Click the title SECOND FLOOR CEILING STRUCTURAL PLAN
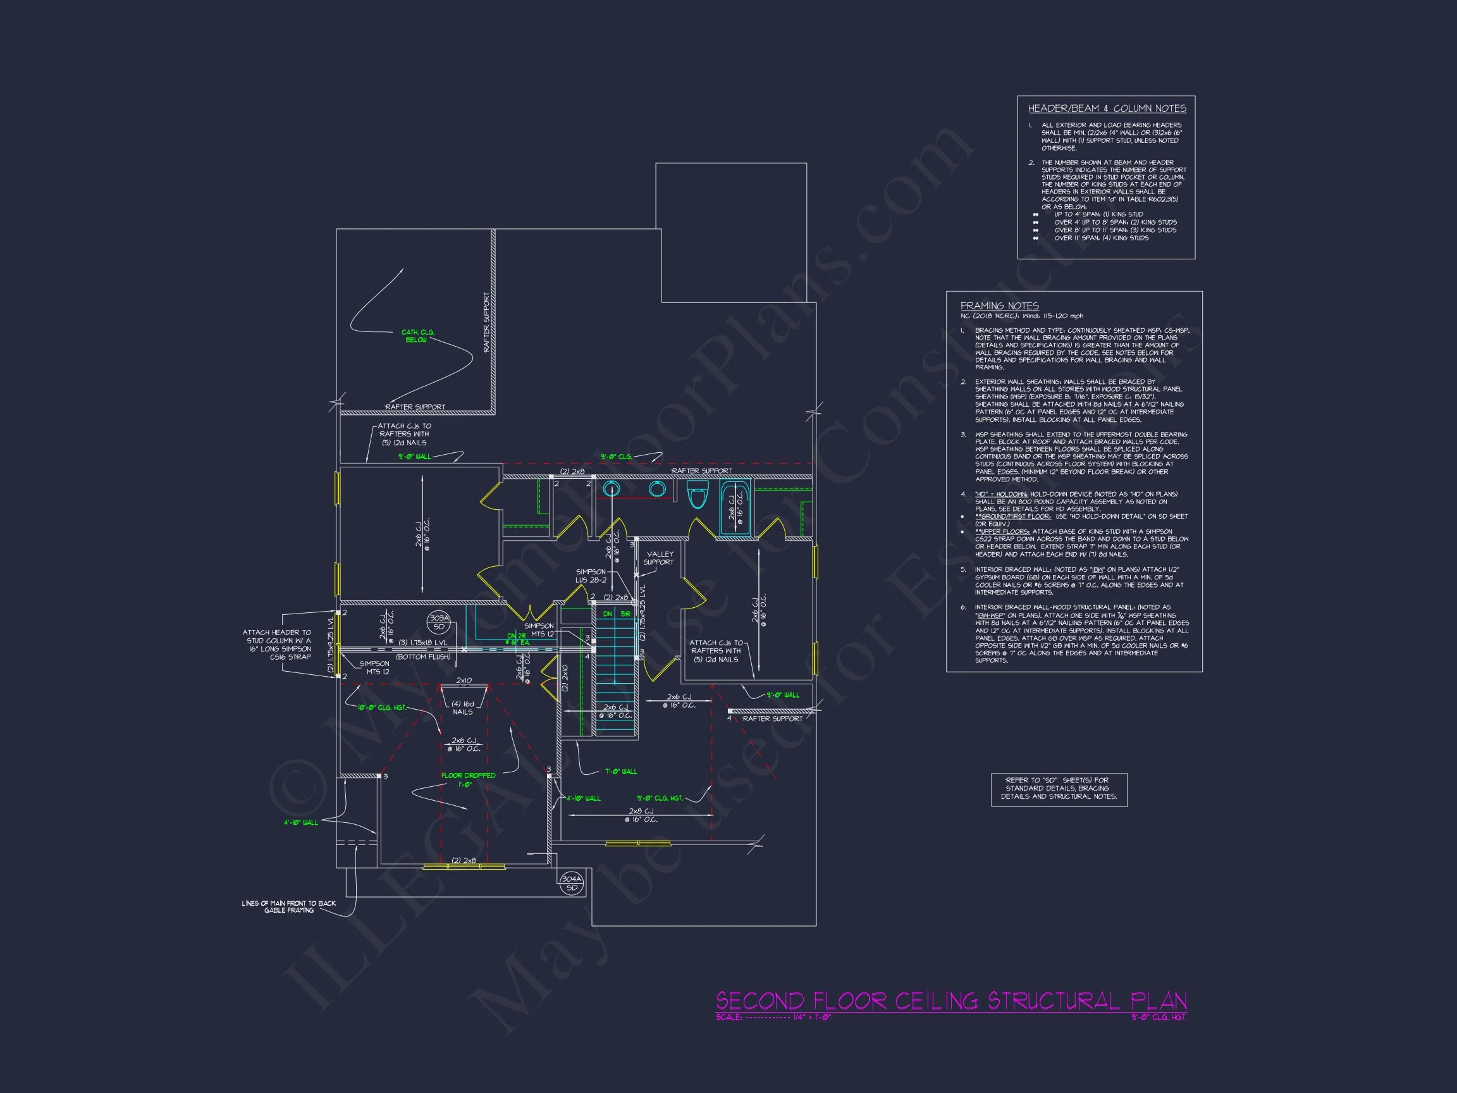[950, 1001]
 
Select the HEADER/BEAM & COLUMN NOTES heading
[1107, 109]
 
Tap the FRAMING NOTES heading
[999, 306]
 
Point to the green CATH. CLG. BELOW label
[417, 336]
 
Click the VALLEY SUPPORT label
[660, 558]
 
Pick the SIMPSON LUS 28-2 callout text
[591, 576]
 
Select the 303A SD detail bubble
[439, 622]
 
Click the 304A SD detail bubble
[572, 883]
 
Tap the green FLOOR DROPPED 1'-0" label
[469, 779]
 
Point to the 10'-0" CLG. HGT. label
[382, 708]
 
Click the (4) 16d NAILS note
[462, 708]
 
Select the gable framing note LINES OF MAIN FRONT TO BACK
[288, 906]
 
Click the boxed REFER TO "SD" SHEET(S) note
[1059, 788]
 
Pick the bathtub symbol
[734, 508]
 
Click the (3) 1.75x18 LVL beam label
[422, 643]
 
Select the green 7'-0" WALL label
[620, 772]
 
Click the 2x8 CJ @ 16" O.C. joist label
[640, 815]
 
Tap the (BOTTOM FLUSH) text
[423, 657]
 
